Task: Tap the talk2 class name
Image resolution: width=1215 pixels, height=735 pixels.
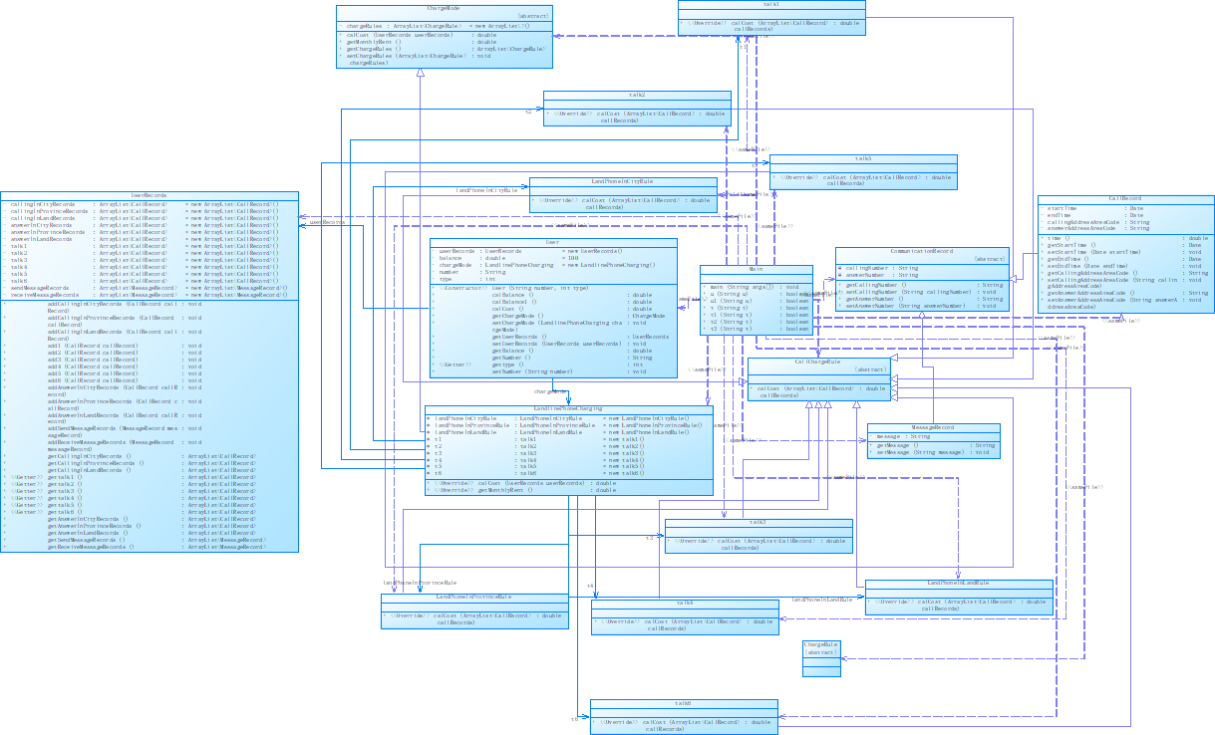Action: pyautogui.click(x=637, y=95)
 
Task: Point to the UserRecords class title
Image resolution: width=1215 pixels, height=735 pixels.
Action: pyautogui.click(x=149, y=195)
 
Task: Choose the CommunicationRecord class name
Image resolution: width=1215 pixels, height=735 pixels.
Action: pyautogui.click(x=922, y=251)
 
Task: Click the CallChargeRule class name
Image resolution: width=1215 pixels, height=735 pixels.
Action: pyautogui.click(x=818, y=362)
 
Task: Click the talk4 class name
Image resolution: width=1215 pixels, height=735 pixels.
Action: pyautogui.click(x=685, y=603)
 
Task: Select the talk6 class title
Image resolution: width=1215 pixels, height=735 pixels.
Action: pyautogui.click(x=683, y=703)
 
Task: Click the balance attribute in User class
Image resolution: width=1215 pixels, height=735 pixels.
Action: pyautogui.click(x=454, y=258)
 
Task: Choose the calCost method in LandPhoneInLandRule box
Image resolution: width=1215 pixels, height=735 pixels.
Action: pyautogui.click(x=957, y=602)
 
